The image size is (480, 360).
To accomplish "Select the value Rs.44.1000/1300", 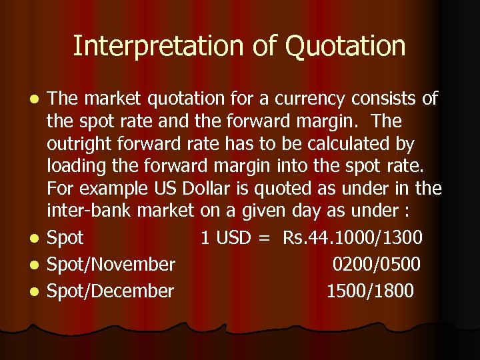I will point(352,237).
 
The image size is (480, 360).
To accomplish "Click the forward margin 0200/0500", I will point(377,265).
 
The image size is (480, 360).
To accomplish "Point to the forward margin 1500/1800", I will point(370,291).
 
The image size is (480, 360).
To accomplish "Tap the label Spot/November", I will point(111,265).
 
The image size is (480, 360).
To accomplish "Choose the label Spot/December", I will point(111,291).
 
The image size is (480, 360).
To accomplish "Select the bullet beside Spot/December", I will point(37,291).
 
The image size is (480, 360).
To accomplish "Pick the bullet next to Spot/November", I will point(37,265).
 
